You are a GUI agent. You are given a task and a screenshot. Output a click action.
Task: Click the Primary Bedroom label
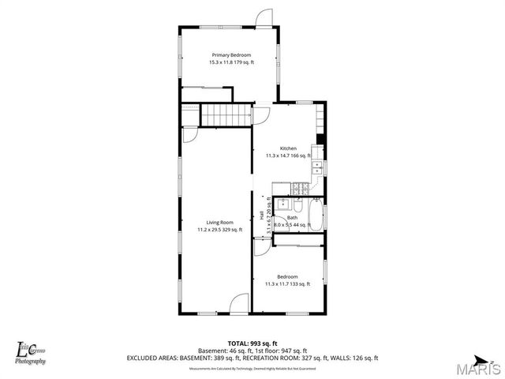pos(230,54)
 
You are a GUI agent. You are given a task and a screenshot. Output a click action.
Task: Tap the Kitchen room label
pos(288,148)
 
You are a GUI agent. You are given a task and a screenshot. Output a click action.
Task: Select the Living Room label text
pos(220,222)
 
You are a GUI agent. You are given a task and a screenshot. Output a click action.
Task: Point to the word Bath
pos(292,217)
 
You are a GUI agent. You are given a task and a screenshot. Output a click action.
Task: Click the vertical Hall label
pos(262,215)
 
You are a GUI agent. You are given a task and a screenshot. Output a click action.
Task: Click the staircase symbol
pos(224,116)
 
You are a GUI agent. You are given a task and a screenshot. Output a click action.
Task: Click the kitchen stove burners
pos(301,189)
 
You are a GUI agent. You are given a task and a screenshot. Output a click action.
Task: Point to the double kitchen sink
pos(316,169)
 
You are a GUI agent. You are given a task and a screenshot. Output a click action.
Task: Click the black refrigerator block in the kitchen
pos(320,141)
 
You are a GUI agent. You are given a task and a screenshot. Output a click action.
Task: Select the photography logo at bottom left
pos(30,351)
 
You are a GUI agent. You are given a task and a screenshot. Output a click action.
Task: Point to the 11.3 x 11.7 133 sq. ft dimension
pos(287,283)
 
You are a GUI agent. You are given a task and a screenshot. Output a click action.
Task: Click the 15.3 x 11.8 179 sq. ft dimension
pos(230,62)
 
